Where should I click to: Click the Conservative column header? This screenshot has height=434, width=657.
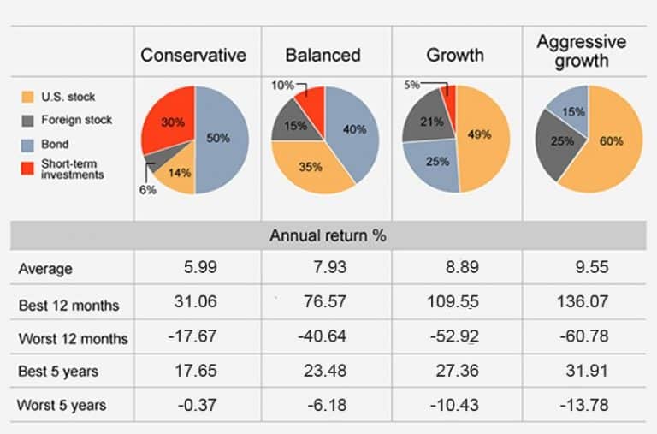tap(193, 56)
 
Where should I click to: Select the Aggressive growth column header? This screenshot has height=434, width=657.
tap(581, 51)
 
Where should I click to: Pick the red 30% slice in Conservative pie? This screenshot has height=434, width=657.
tap(170, 123)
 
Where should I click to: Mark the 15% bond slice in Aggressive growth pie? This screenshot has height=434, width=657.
tap(567, 110)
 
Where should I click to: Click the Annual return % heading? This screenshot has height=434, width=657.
tap(328, 235)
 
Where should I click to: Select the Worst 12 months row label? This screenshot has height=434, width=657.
tap(73, 338)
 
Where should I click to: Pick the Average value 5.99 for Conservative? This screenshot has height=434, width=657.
tap(200, 268)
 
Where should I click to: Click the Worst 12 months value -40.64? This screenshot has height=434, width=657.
tap(323, 336)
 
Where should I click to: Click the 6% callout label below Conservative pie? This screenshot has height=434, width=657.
tap(147, 190)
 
